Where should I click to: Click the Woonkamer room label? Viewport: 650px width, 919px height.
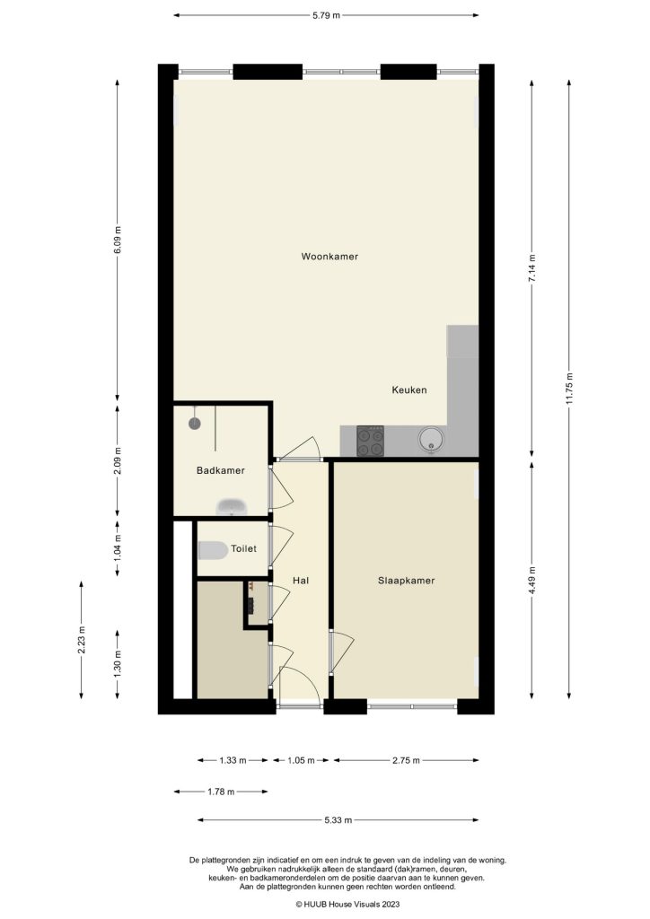point(329,257)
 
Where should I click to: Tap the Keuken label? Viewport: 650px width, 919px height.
point(408,390)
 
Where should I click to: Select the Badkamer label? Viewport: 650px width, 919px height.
point(220,470)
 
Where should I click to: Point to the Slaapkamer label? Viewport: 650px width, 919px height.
point(406,581)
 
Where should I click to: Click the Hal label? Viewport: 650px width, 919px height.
point(301,581)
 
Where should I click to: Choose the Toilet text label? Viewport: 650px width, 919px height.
point(243,548)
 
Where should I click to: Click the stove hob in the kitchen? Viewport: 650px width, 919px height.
point(371,440)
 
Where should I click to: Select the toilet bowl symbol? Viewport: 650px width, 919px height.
point(212,549)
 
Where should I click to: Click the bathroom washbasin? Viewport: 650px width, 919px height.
point(233,508)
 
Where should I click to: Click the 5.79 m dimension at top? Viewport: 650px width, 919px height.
point(325,15)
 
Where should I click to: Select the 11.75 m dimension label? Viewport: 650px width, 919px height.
point(569,388)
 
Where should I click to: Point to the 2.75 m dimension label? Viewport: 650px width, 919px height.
point(406,760)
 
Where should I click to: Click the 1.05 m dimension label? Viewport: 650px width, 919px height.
point(300,760)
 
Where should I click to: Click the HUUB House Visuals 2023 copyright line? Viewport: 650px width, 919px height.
point(323,905)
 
